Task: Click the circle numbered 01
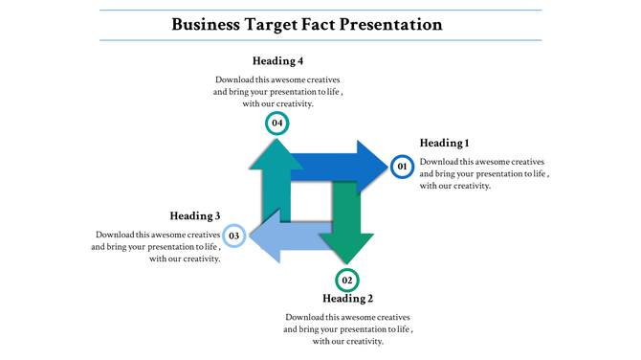click(402, 167)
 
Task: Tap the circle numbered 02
click(347, 281)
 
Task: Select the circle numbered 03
click(234, 235)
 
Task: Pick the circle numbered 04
click(276, 123)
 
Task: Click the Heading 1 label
click(452, 143)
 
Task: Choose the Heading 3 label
click(195, 215)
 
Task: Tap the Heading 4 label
click(277, 61)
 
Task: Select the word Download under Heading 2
click(305, 317)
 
